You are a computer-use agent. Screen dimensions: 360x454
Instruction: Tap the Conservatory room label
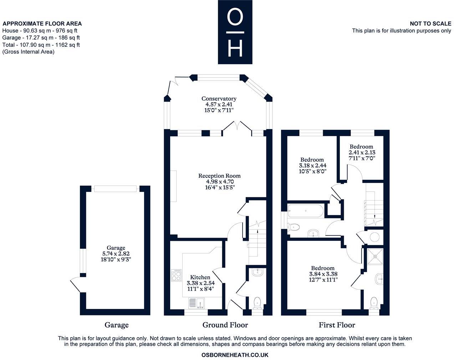point(219,98)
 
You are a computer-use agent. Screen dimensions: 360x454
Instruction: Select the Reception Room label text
point(219,176)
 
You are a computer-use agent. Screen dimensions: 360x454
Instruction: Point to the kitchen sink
point(196,303)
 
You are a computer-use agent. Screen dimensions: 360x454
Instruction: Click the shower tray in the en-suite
point(374,256)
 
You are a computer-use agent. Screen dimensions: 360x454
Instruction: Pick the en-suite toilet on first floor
point(374,303)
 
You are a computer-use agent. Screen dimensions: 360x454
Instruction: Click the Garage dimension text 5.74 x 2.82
point(116,254)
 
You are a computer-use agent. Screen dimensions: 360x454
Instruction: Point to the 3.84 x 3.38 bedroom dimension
point(323,274)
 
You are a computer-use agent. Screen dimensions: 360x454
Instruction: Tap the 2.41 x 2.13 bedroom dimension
point(362,152)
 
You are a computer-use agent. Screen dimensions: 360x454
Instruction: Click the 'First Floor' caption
point(337,325)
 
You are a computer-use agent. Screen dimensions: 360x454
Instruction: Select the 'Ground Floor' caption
point(225,325)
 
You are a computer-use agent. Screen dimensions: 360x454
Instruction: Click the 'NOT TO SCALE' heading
point(430,24)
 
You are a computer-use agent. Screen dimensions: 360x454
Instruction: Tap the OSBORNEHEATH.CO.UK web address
point(235,355)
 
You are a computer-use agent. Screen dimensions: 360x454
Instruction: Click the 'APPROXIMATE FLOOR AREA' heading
point(42,24)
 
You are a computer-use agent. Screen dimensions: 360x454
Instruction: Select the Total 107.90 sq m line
point(41,45)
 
